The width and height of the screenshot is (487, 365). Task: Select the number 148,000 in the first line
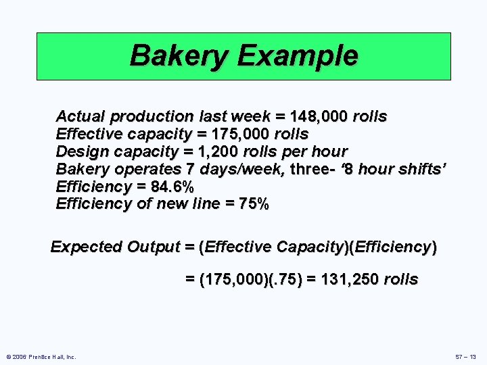pos(315,116)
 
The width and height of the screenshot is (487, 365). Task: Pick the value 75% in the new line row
pos(254,204)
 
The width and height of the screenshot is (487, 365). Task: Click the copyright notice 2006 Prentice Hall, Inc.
pos(41,356)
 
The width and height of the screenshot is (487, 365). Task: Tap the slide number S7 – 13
pos(465,356)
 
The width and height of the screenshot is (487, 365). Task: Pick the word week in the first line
pos(259,116)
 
